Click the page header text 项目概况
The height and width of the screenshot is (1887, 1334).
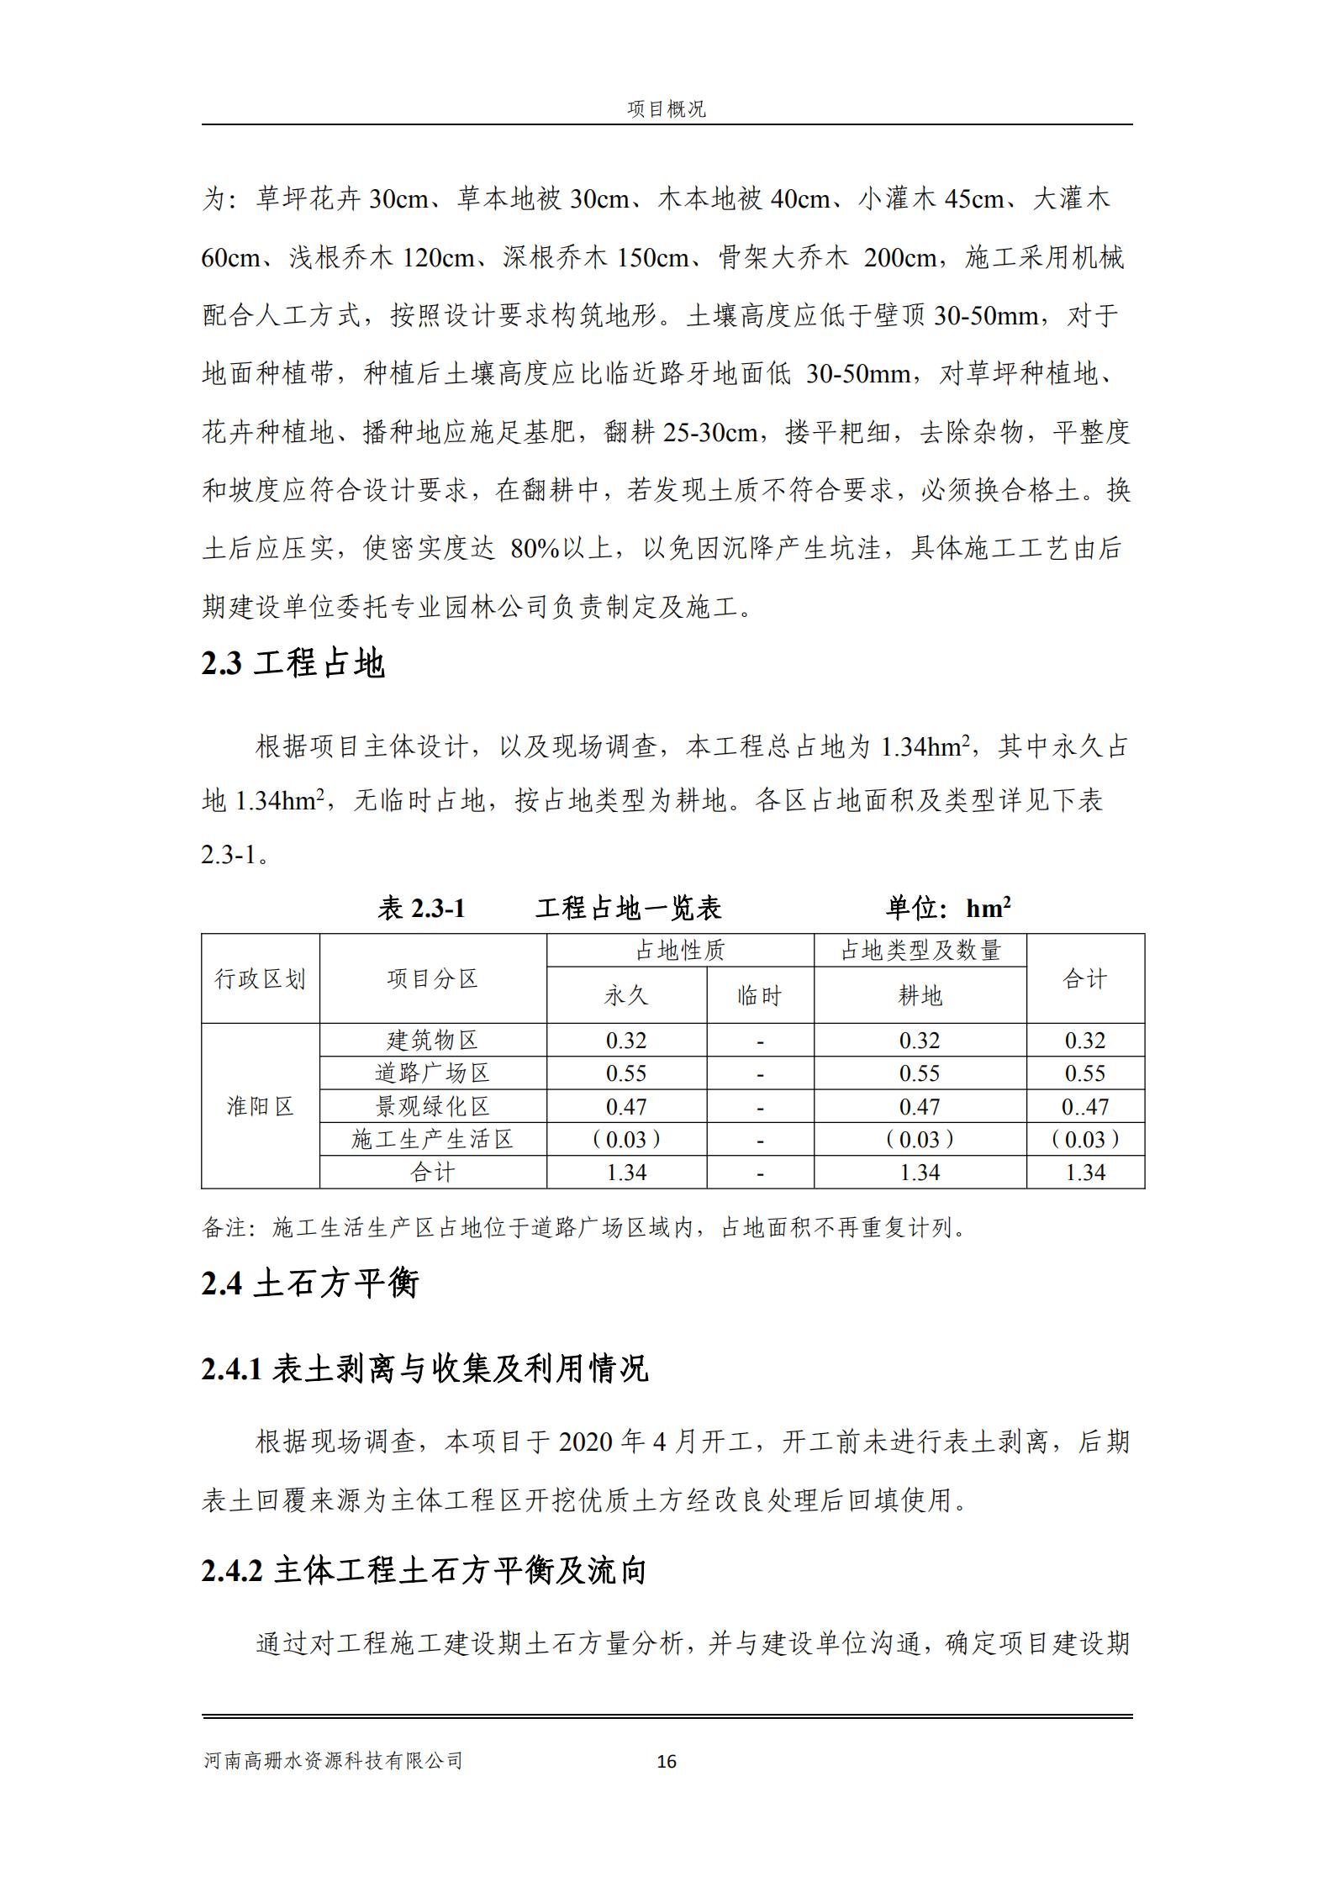click(x=666, y=109)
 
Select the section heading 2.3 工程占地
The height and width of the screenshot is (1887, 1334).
click(x=293, y=664)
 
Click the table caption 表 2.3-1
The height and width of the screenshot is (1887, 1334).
click(x=421, y=909)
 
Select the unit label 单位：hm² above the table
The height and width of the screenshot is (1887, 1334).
click(x=947, y=909)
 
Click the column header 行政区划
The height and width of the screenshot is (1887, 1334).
click(x=260, y=979)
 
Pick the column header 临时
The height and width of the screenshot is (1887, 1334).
click(x=759, y=996)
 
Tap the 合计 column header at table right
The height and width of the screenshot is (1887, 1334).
click(x=1084, y=979)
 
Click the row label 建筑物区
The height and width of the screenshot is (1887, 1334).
click(x=432, y=1041)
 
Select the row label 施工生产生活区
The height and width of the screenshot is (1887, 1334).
click(x=432, y=1140)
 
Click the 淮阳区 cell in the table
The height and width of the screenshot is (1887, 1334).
click(x=260, y=1106)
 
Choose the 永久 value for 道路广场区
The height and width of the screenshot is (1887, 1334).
click(x=626, y=1073)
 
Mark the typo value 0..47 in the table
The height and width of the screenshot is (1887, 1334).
click(x=1084, y=1107)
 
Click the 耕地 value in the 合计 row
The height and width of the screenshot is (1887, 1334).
click(x=920, y=1173)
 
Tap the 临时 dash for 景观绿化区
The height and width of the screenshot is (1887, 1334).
click(x=760, y=1108)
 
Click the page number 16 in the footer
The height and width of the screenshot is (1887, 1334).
click(x=667, y=1762)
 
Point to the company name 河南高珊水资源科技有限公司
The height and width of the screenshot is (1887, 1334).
click(x=333, y=1761)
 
